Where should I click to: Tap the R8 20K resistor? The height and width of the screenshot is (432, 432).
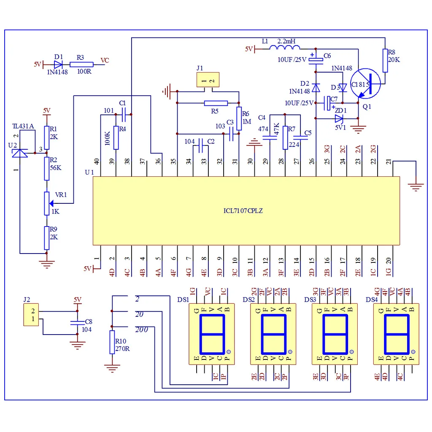(385, 61)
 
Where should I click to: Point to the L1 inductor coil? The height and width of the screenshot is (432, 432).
(285, 48)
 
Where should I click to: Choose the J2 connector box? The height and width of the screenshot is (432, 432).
(31, 315)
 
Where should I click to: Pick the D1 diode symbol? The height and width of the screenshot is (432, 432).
(58, 65)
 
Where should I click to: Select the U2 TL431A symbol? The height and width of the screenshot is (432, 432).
(20, 151)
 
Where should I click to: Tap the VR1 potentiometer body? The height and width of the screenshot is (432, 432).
(47, 203)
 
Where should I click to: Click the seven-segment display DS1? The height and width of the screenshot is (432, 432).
(211, 333)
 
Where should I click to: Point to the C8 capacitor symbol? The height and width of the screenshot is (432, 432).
(77, 323)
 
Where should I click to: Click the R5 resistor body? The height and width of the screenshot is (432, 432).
(216, 103)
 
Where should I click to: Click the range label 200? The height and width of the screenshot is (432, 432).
(141, 329)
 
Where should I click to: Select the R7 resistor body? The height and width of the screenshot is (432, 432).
(285, 138)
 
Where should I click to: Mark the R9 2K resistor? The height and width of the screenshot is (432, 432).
(47, 238)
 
